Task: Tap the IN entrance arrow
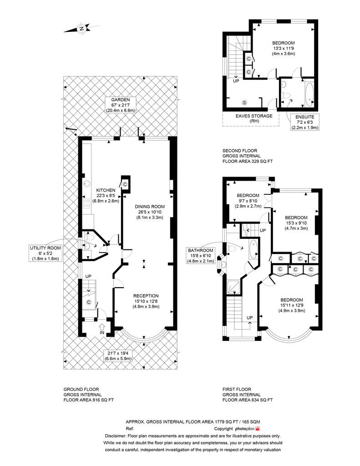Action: point(102,327)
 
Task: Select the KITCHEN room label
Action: point(106,190)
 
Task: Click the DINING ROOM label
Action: point(150,207)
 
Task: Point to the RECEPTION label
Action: point(146,296)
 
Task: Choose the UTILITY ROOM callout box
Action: point(46,253)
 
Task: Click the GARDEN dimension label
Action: point(121,105)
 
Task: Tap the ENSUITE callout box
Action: point(305,122)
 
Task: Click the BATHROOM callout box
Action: point(200,256)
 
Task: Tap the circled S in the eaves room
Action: point(245,103)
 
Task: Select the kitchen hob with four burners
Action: point(87,204)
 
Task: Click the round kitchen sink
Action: point(87,183)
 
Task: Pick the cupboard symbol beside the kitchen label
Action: point(125,184)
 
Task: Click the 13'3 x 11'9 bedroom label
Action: point(283,48)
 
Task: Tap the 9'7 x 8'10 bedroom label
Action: point(248,201)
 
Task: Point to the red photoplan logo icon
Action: point(258,429)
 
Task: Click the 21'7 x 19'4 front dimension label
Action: point(118,356)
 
